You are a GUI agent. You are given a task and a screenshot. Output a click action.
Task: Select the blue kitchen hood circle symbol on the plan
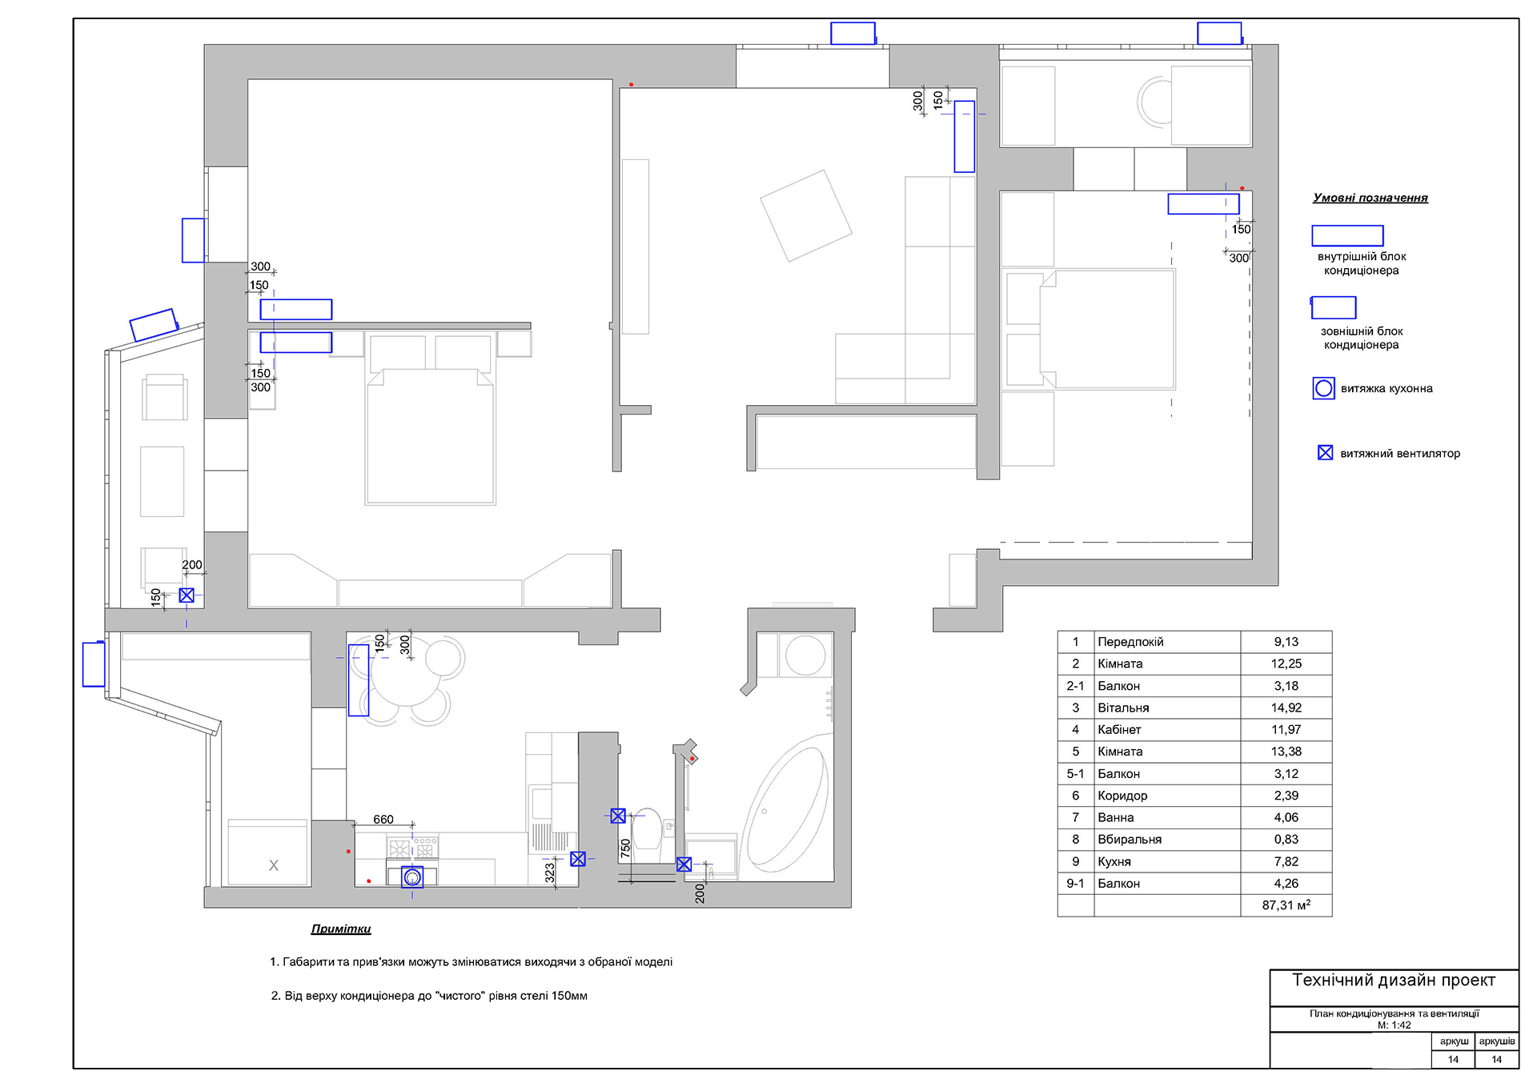coord(412,877)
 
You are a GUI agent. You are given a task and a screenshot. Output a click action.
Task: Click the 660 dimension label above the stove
coord(383,820)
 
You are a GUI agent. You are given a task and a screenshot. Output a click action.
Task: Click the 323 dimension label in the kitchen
coord(550,872)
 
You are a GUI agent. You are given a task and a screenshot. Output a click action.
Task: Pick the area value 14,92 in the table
coord(1286,708)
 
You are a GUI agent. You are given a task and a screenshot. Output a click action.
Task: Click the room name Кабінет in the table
coord(1119,729)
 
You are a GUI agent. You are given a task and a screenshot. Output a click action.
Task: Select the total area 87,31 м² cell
coord(1286,905)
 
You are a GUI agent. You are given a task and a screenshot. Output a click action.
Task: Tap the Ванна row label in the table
coord(1115,817)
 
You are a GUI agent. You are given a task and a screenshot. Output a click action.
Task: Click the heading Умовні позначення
coord(1370,198)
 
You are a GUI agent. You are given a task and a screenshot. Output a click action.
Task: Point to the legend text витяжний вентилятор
coord(1400,453)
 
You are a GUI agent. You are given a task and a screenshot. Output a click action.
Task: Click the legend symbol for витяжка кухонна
coord(1323,388)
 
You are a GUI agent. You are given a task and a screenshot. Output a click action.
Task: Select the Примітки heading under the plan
coord(341,929)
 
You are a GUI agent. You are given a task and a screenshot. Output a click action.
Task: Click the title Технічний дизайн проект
coord(1393,981)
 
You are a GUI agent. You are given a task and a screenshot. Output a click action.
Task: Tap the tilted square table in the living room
coord(805,216)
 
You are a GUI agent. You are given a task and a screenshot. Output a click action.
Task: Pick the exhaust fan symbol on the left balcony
coord(187,596)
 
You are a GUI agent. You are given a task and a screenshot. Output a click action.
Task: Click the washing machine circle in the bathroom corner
coord(805,656)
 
